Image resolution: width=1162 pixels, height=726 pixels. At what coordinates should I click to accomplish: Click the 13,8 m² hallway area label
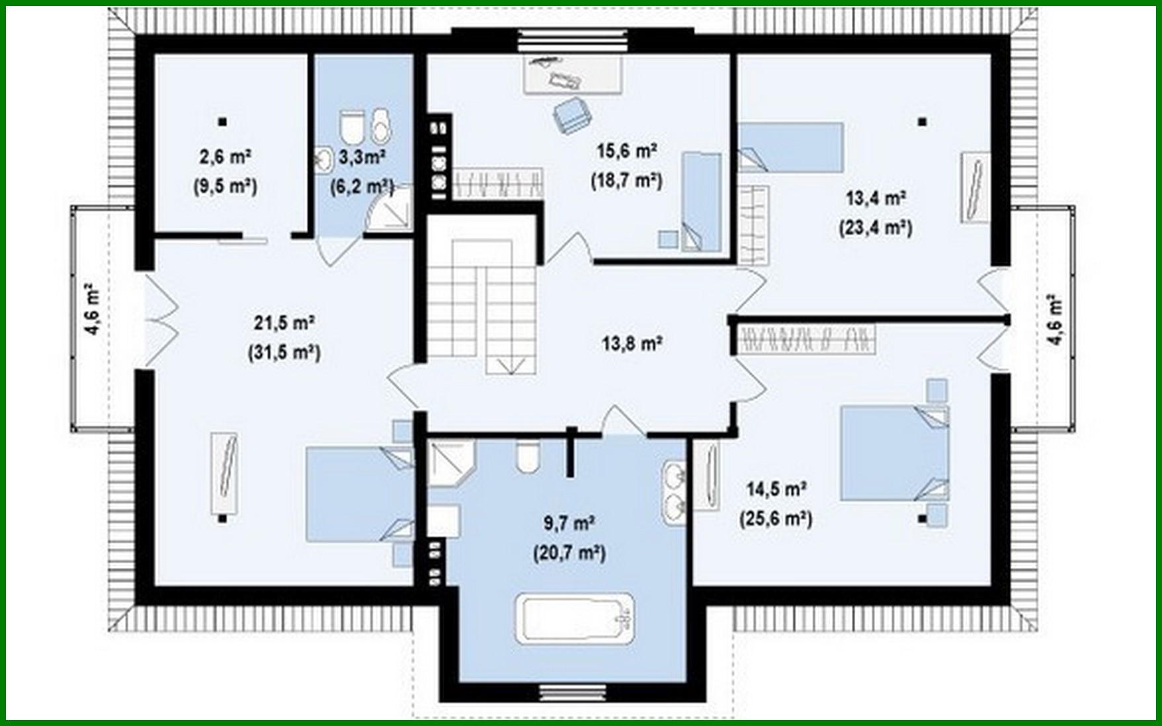pyautogui.click(x=632, y=344)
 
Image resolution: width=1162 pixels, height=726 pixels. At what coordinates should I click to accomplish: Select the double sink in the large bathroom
pyautogui.click(x=675, y=489)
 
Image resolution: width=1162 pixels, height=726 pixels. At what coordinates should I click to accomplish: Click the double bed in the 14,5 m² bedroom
pyautogui.click(x=893, y=453)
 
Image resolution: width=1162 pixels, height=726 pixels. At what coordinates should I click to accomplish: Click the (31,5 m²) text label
pyautogui.click(x=284, y=352)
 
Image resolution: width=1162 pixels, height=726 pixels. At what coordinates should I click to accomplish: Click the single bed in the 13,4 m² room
pyautogui.click(x=790, y=147)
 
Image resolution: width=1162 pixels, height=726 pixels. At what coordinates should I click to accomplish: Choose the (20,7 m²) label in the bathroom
pyautogui.click(x=569, y=552)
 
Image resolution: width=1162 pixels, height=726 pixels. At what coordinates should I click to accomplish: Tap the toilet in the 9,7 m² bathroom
pyautogui.click(x=526, y=456)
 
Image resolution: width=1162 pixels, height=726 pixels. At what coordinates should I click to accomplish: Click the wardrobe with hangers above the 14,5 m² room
pyautogui.click(x=807, y=337)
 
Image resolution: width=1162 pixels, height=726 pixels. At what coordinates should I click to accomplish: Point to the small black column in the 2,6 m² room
pyautogui.click(x=223, y=122)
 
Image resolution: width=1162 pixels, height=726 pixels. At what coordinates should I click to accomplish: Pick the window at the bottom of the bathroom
pyautogui.click(x=573, y=692)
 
